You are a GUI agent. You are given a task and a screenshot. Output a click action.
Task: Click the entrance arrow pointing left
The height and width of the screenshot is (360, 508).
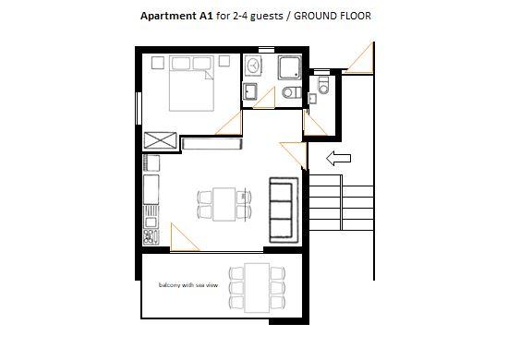[x=338, y=159]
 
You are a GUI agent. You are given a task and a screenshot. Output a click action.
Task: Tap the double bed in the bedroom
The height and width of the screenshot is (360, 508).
[x=191, y=83]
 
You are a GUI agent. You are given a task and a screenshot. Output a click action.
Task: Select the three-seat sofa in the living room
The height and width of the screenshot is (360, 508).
[x=284, y=210]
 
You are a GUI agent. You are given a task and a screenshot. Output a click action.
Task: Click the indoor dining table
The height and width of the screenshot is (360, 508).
[x=224, y=204]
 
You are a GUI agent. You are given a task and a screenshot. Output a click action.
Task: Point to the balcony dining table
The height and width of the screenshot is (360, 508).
[x=257, y=288]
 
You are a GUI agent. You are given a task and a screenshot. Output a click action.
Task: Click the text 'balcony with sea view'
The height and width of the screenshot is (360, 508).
[x=188, y=285]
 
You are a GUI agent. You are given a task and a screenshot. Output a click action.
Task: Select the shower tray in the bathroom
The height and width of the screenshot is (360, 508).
[x=290, y=67]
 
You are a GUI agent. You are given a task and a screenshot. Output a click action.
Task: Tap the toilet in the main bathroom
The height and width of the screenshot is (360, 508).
[x=292, y=92]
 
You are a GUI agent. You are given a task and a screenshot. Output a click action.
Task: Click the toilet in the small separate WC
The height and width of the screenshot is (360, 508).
[x=323, y=85]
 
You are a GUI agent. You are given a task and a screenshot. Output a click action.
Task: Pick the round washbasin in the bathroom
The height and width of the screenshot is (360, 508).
[x=253, y=66]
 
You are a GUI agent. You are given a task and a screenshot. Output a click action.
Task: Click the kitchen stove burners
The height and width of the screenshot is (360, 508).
[x=151, y=236]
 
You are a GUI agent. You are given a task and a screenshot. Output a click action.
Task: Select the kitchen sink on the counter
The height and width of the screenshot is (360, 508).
[x=151, y=222]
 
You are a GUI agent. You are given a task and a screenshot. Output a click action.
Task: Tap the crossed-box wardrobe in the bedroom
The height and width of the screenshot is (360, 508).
[x=160, y=140]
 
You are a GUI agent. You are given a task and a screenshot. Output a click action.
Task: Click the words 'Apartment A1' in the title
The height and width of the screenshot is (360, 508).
[x=176, y=16]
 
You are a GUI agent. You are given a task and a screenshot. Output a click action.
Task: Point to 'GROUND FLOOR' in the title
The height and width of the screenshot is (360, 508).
[x=333, y=16]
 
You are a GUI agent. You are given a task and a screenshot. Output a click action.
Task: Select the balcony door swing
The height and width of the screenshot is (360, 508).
[x=183, y=237]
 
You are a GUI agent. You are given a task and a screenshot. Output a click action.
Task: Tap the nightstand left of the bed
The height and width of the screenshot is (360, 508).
[x=158, y=63]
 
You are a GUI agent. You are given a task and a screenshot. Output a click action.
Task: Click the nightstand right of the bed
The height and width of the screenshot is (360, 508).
[x=224, y=61]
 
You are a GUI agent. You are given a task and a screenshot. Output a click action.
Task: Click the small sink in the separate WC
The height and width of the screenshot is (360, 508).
[x=312, y=99]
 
